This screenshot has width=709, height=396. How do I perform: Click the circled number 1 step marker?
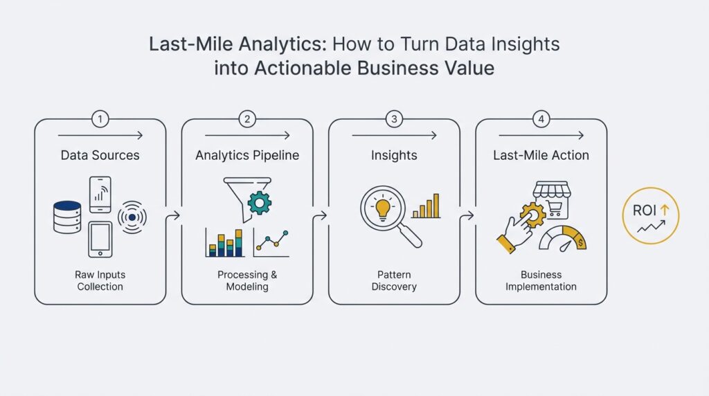(100, 119)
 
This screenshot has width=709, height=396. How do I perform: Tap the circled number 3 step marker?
(394, 119)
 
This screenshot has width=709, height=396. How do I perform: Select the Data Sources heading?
(100, 155)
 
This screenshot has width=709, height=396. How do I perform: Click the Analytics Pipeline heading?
(247, 155)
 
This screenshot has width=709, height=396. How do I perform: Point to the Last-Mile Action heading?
(541, 155)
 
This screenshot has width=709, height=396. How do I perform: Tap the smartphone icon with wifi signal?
(100, 195)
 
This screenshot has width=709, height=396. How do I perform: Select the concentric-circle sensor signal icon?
(132, 217)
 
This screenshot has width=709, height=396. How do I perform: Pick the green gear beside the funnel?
(260, 203)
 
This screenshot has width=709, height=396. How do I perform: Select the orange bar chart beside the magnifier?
(427, 206)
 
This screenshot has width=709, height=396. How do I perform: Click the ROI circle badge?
(651, 215)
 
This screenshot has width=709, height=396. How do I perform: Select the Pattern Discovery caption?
(394, 280)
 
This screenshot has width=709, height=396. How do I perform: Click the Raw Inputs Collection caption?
(100, 280)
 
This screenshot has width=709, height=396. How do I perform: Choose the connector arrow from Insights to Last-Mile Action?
(467, 216)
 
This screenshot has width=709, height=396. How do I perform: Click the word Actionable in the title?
(298, 69)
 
